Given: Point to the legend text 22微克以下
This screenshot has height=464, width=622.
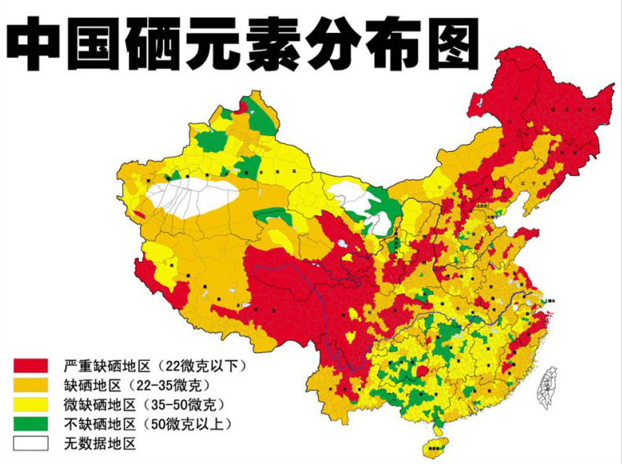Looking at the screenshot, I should (204, 366).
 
